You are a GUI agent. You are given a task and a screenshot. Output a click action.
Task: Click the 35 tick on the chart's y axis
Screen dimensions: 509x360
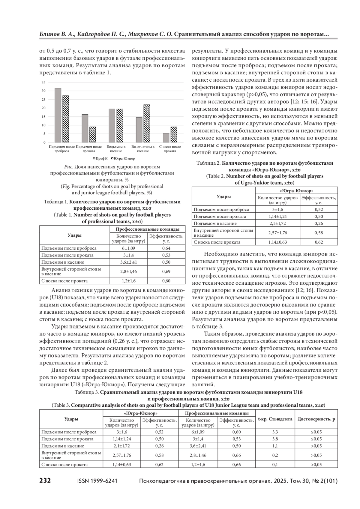pyautogui.click(x=43, y=82)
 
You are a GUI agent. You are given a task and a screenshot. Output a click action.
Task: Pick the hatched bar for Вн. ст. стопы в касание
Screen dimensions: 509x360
pyautogui.click(x=147, y=123)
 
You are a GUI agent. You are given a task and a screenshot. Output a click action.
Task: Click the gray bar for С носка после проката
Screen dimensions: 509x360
pyautogui.click(x=166, y=138)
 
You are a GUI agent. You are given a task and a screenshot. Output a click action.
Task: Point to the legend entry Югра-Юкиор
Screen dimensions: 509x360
pyautogui.click(x=123, y=158)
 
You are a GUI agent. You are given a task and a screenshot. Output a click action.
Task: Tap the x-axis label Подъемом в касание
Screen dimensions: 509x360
pyautogui.click(x=116, y=149)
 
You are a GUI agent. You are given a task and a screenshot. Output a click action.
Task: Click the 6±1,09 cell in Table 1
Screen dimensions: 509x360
pyautogui.click(x=128, y=248)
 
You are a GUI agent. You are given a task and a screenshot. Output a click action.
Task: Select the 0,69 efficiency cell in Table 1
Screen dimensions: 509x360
pyautogui.click(x=166, y=271)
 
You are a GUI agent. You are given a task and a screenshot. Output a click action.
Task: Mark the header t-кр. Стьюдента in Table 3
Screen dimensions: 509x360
pyautogui.click(x=275, y=419)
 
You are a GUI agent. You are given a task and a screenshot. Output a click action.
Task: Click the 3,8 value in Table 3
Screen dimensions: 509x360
pyautogui.click(x=275, y=439)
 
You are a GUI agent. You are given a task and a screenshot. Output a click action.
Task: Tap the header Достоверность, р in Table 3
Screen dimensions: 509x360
pyautogui.click(x=316, y=419)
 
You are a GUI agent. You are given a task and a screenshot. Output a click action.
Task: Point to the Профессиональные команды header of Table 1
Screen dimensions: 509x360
pyautogui.click(x=148, y=229)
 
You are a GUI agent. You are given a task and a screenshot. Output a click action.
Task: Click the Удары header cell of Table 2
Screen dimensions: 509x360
pyautogui.click(x=223, y=197)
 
